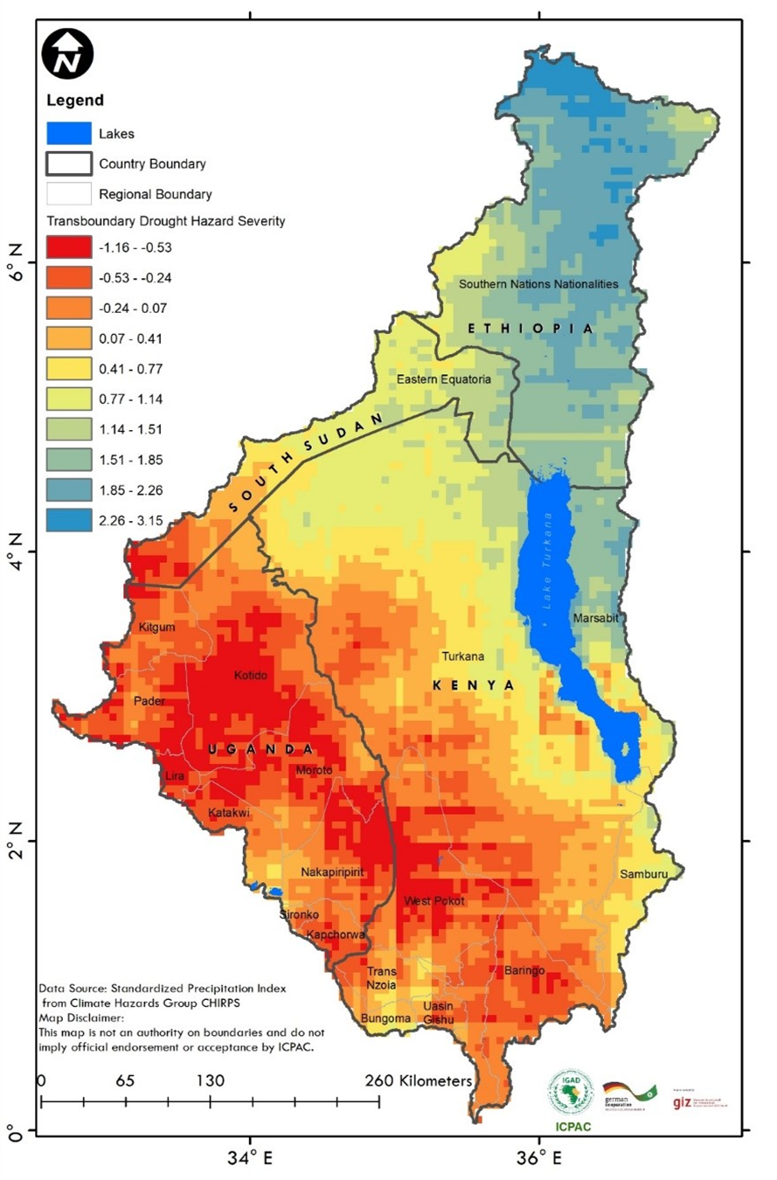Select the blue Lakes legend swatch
pos(67,134)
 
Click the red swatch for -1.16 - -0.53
pos(67,246)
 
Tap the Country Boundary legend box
pos(67,163)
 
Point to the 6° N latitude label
pos(15,261)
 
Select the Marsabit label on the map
pos(596,619)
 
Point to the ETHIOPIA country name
pos(531,329)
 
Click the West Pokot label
pos(434,901)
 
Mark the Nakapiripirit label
pos(332,872)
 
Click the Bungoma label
pos(385,1018)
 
